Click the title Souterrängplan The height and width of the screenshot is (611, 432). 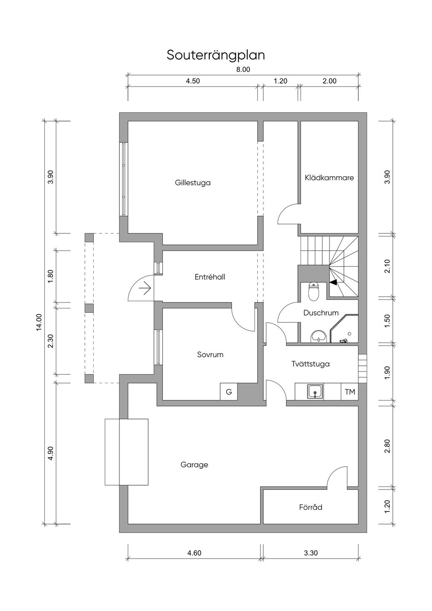(x=216, y=55)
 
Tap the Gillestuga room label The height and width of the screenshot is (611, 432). (x=193, y=183)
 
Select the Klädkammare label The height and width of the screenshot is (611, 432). (x=329, y=178)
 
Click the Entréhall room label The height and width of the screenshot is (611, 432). (x=210, y=277)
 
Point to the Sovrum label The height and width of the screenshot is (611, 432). (x=210, y=355)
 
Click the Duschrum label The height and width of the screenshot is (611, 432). (x=321, y=313)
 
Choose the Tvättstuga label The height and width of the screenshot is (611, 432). (x=310, y=364)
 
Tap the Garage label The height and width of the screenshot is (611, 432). (x=194, y=465)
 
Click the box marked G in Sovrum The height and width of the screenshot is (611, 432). (x=229, y=392)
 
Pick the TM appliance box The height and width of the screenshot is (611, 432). (x=350, y=392)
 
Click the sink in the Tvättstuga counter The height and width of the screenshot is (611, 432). (x=315, y=392)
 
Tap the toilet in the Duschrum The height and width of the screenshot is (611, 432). (x=314, y=292)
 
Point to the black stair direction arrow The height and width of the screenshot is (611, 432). (x=333, y=282)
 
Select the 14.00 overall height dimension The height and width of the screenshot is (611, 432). (x=39, y=322)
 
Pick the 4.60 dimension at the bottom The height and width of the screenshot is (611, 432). (x=194, y=553)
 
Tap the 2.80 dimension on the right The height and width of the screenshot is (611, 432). (x=388, y=446)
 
